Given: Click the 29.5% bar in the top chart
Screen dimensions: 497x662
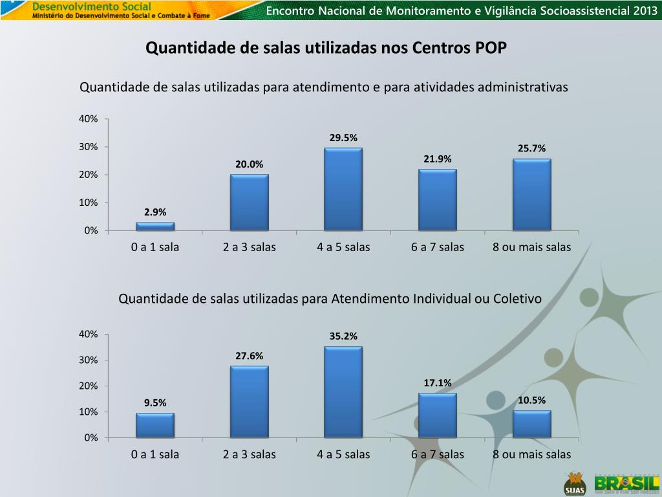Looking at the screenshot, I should tap(343, 189).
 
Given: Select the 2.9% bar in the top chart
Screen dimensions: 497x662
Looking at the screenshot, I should tap(155, 226).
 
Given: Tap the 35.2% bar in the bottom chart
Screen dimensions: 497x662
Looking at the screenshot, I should tap(343, 392).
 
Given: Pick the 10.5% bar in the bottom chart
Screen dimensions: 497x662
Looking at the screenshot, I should tap(531, 424).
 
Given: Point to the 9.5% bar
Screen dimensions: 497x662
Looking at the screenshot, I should tap(155, 425).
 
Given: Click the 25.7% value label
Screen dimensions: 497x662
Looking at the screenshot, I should tap(531, 149).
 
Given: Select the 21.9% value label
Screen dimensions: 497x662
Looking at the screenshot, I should tap(438, 159).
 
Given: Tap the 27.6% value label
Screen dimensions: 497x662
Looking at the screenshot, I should tap(249, 356).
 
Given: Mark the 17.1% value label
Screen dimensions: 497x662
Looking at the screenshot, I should tap(438, 383).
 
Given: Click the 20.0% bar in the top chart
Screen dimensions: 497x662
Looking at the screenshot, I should tap(249, 202).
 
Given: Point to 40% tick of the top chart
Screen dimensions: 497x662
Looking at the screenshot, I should tap(88, 119).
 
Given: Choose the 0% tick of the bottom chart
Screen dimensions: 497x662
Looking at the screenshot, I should tap(91, 438).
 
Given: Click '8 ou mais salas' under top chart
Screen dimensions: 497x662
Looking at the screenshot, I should tap(531, 247).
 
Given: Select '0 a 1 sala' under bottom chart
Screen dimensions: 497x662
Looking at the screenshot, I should tap(155, 454).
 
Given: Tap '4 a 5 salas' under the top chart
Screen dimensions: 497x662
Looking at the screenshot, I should tap(343, 247).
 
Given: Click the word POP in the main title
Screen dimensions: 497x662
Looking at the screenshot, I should tap(492, 49).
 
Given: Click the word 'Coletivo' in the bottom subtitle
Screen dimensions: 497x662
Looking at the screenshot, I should tap(517, 299).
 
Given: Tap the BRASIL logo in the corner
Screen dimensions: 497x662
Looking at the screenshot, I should tap(626, 483).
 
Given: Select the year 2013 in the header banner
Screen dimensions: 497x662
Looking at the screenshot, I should tap(644, 11).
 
